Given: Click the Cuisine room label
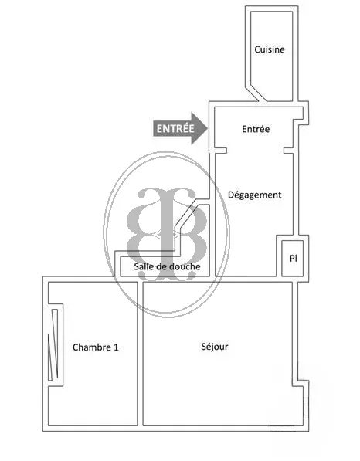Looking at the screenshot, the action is click(270, 49).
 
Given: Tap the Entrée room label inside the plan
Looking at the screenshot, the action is click(256, 129).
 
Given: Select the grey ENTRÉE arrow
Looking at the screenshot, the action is click(180, 128).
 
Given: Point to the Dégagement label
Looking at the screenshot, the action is click(255, 195).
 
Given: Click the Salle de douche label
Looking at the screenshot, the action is click(167, 266).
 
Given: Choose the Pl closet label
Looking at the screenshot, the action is click(293, 258).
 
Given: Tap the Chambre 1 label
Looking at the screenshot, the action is click(95, 347).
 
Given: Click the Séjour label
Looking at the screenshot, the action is click(215, 347).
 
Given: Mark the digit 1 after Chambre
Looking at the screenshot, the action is click(116, 347).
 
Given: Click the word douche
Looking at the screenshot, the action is click(184, 266).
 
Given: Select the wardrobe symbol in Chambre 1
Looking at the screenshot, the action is click(53, 344).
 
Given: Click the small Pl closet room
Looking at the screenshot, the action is click(292, 259).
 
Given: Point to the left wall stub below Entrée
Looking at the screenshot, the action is click(220, 151).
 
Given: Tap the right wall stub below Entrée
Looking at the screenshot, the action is click(288, 151).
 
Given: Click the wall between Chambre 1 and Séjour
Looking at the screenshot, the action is click(140, 354).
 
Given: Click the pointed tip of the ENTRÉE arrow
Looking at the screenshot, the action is click(208, 128).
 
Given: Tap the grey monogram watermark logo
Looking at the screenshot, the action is click(166, 234).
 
